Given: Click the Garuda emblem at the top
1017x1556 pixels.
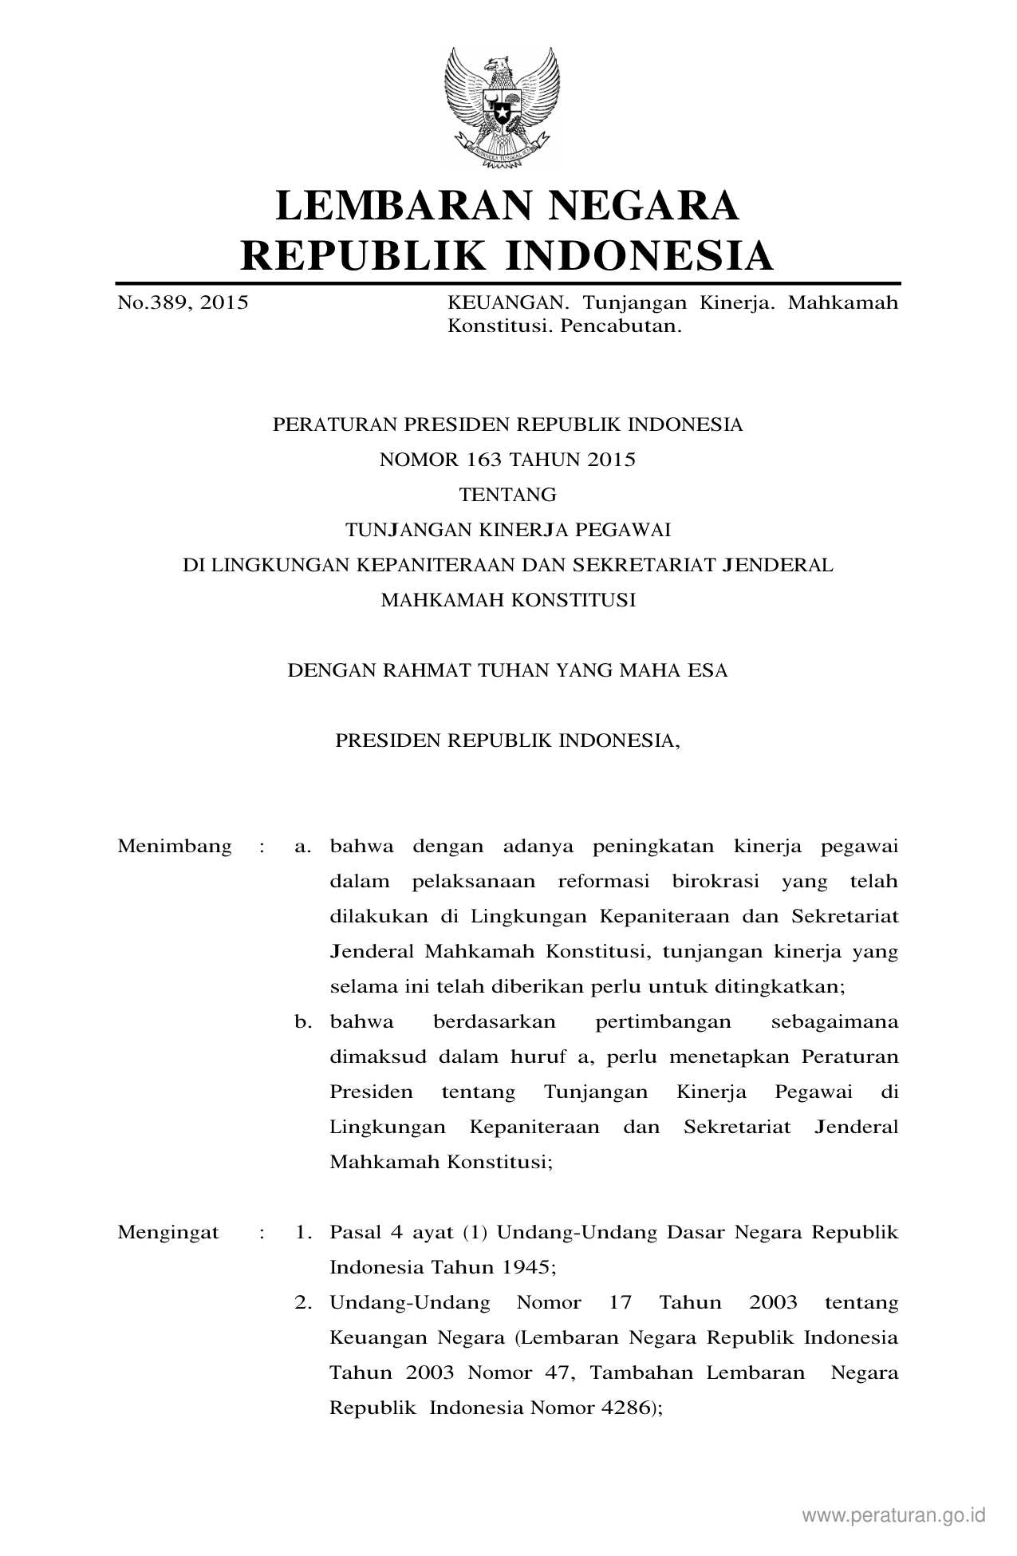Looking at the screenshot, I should tap(502, 107).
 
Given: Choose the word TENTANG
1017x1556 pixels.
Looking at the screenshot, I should tap(508, 495).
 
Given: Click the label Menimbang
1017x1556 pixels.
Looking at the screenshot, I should tap(175, 847).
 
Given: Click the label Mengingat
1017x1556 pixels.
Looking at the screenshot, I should tap(168, 1233).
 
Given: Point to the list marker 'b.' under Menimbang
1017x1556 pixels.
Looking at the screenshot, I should tap(303, 1022).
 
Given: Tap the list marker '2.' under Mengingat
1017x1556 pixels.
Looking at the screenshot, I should tap(303, 1303).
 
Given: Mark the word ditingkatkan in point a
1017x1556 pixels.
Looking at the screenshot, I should tap(786, 987).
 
